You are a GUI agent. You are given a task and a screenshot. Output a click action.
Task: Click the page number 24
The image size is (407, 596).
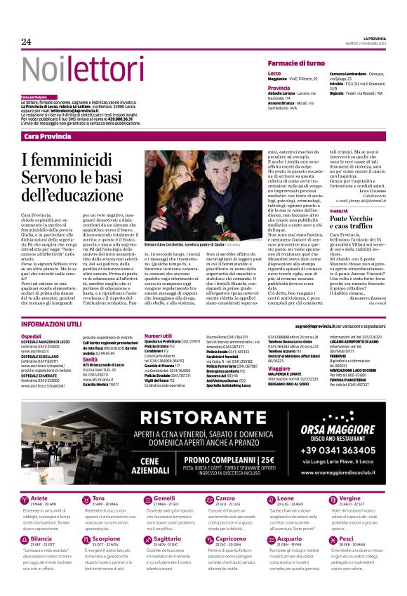(26, 41)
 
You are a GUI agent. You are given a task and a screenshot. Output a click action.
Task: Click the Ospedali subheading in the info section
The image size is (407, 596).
(32, 337)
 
